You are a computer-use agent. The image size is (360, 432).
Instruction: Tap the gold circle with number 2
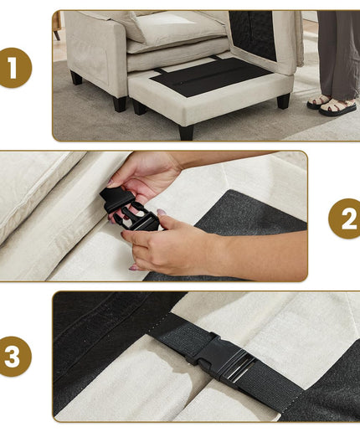pos(346,219)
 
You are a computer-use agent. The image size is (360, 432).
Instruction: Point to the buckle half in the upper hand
pos(116,200)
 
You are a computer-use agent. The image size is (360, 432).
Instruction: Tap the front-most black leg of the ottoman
pos(187,133)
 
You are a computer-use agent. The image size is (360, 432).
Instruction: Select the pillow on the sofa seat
pos(178,27)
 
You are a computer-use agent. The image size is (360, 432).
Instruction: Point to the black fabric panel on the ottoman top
pos(211,76)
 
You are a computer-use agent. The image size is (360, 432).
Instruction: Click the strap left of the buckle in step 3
pos(183,332)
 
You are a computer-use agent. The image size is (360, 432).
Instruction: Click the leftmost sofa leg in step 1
pos(76,78)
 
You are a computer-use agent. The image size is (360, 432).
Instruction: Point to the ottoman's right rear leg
pos(283,101)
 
